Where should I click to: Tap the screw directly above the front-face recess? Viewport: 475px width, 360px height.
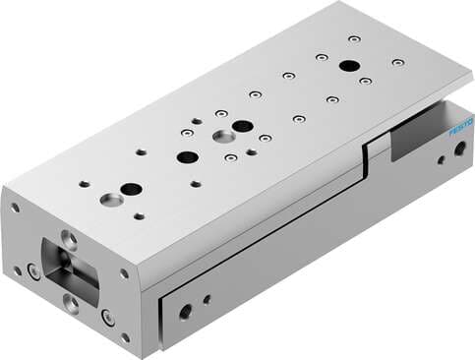(x=70, y=237)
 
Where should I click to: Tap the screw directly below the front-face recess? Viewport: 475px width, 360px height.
(x=72, y=302)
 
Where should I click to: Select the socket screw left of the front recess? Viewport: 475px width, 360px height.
(x=33, y=271)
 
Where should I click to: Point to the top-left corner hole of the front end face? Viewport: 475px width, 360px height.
(x=15, y=208)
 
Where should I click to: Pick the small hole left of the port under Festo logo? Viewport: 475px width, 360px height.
(x=441, y=156)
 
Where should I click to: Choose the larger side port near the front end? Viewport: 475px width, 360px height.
(x=186, y=312)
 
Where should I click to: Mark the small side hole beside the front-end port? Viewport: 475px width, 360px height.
(x=207, y=299)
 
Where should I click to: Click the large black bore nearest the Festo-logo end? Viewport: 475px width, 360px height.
(x=348, y=66)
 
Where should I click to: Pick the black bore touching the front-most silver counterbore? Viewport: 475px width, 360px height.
(x=131, y=189)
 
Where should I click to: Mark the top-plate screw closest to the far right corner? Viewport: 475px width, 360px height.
(x=397, y=62)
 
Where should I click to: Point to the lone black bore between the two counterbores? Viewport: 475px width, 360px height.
(x=187, y=156)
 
